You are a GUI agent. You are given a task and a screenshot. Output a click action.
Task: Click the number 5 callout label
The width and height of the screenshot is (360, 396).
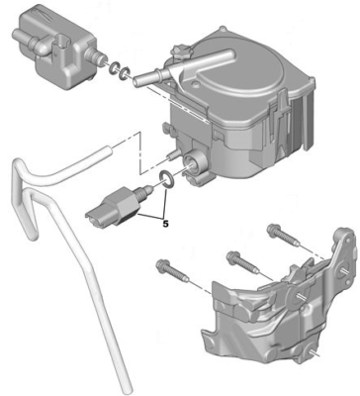point(164,224)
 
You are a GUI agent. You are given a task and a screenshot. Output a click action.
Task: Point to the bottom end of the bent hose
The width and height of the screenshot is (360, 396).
point(121,381)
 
